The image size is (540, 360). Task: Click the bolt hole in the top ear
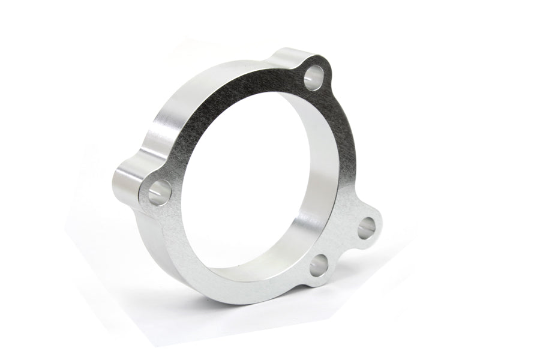coord(313,78)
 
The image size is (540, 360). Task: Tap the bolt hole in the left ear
coord(159,193)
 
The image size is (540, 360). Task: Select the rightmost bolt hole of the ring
coord(366,228)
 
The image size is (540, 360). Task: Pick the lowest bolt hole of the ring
coord(319,265)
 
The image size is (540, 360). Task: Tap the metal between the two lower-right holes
coord(344,247)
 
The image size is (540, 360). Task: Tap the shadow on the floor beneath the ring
coord(180,312)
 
